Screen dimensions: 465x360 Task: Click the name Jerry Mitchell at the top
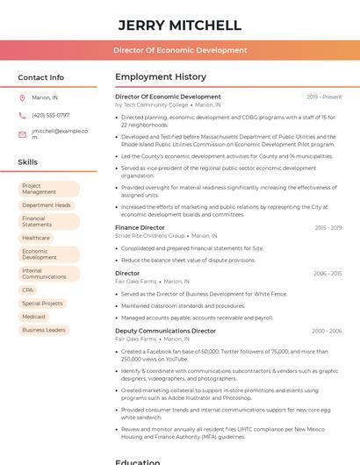pos(179,25)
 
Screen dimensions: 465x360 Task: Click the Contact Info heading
pos(40,77)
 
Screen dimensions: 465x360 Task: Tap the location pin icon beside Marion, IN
pos(22,98)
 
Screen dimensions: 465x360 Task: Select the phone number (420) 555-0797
pos(50,115)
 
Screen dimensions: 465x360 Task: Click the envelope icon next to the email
pos(22,134)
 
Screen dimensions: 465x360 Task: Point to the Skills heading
pos(27,162)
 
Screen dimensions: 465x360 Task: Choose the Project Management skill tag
pos(48,190)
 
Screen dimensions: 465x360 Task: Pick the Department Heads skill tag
pos(47,205)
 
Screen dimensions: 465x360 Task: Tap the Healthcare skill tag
pos(36,238)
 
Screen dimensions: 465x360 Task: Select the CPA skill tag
pos(28,290)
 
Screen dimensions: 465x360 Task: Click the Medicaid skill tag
pos(33,317)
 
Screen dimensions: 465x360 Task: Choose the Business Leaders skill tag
pos(44,330)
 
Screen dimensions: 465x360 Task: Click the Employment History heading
pos(161,77)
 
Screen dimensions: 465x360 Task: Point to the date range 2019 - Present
pos(324,97)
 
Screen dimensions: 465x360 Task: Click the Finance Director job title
pos(140,228)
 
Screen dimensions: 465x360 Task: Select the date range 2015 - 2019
pos(328,228)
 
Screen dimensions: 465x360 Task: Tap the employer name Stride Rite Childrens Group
pos(150,236)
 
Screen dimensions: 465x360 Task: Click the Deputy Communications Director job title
pos(165,331)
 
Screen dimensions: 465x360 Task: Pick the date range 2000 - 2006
pos(327,331)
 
